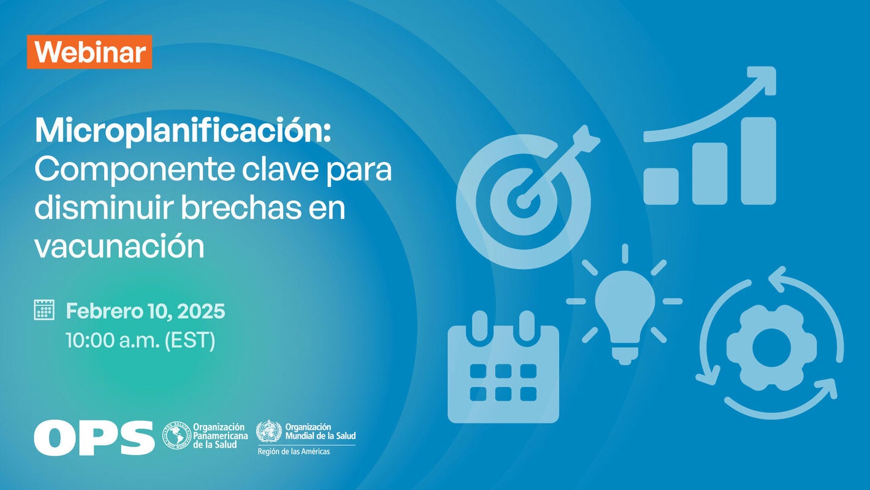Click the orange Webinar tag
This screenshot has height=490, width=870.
point(89,52)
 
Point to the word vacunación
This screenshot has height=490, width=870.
point(119,247)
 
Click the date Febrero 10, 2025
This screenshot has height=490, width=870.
point(145,311)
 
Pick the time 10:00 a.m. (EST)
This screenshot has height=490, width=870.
point(140,340)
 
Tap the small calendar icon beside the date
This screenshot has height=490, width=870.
point(44,310)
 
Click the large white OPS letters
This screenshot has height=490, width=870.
point(94,437)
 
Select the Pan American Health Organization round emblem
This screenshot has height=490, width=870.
point(176,435)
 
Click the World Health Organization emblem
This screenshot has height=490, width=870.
point(268,431)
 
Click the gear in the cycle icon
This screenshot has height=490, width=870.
point(771,342)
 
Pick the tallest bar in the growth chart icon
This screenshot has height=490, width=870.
point(758,161)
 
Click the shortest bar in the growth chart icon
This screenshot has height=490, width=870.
point(660,186)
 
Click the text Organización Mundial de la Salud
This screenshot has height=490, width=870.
point(320,431)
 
